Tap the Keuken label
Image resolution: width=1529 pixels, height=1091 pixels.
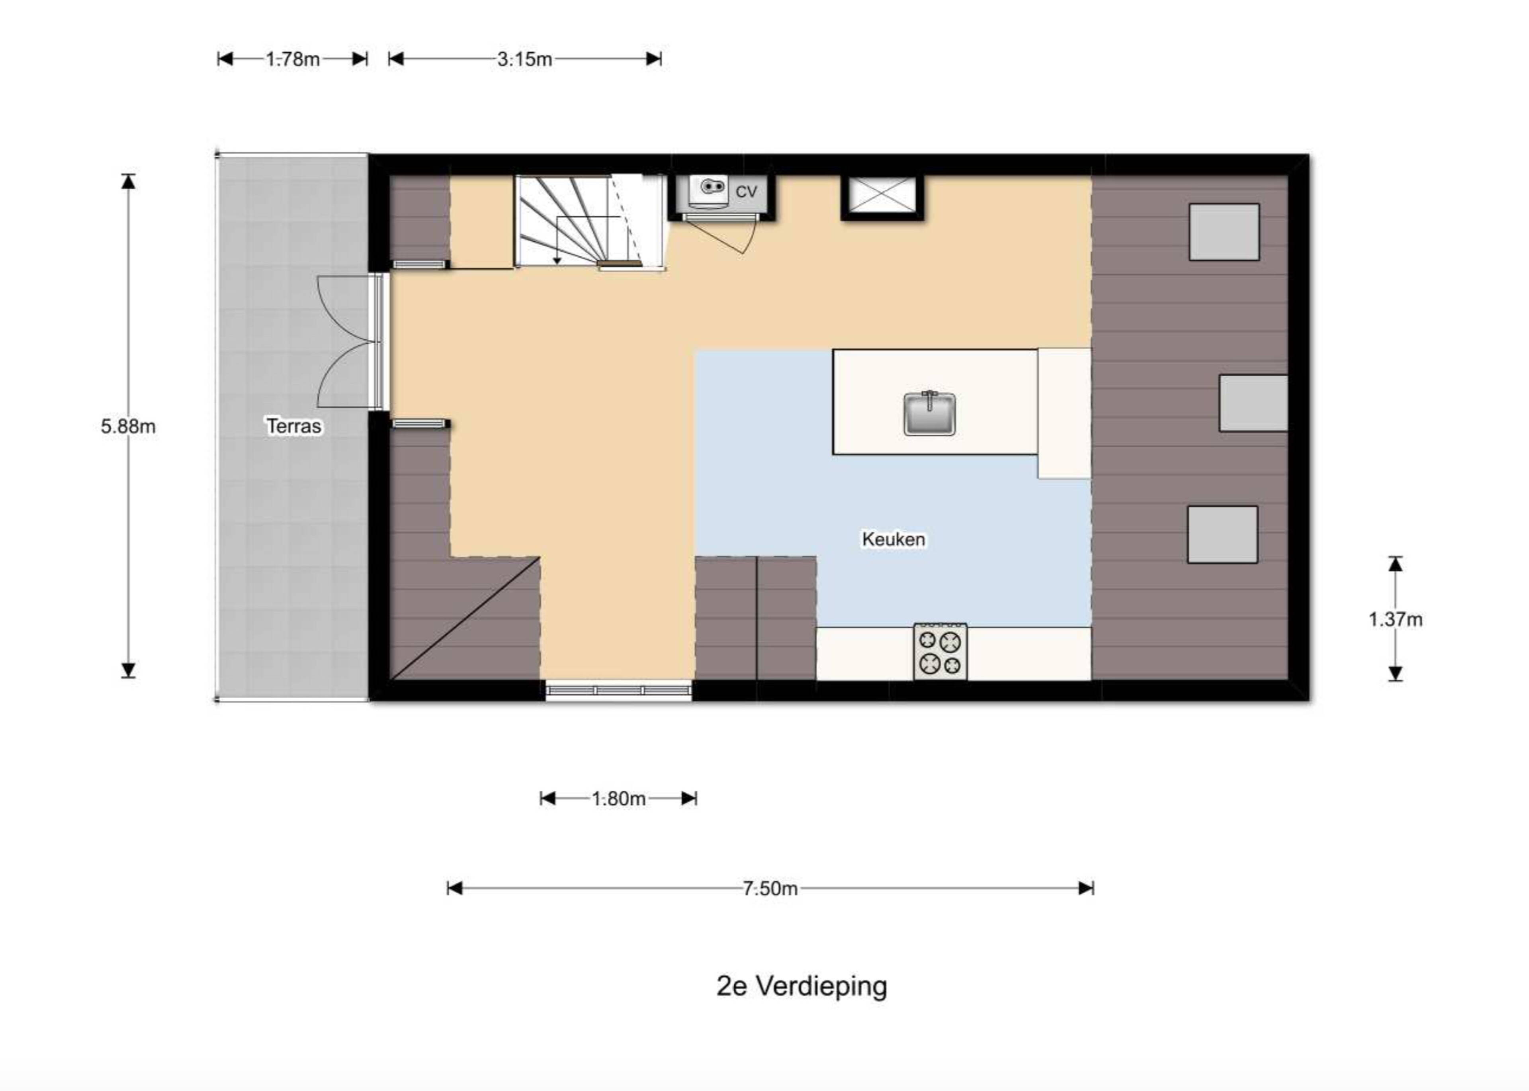(893, 539)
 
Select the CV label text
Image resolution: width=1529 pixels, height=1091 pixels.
(746, 192)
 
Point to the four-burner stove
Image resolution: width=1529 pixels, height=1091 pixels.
(940, 651)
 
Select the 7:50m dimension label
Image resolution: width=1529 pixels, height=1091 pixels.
(770, 888)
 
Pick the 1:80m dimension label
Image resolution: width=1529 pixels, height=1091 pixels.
(618, 798)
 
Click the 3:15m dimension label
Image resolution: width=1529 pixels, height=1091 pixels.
(524, 59)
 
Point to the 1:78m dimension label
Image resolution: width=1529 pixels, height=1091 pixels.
(293, 59)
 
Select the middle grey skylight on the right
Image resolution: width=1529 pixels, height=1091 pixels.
(1253, 403)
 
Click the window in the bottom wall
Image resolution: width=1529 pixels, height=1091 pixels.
(618, 691)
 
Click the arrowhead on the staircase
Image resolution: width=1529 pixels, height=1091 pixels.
(557, 260)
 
